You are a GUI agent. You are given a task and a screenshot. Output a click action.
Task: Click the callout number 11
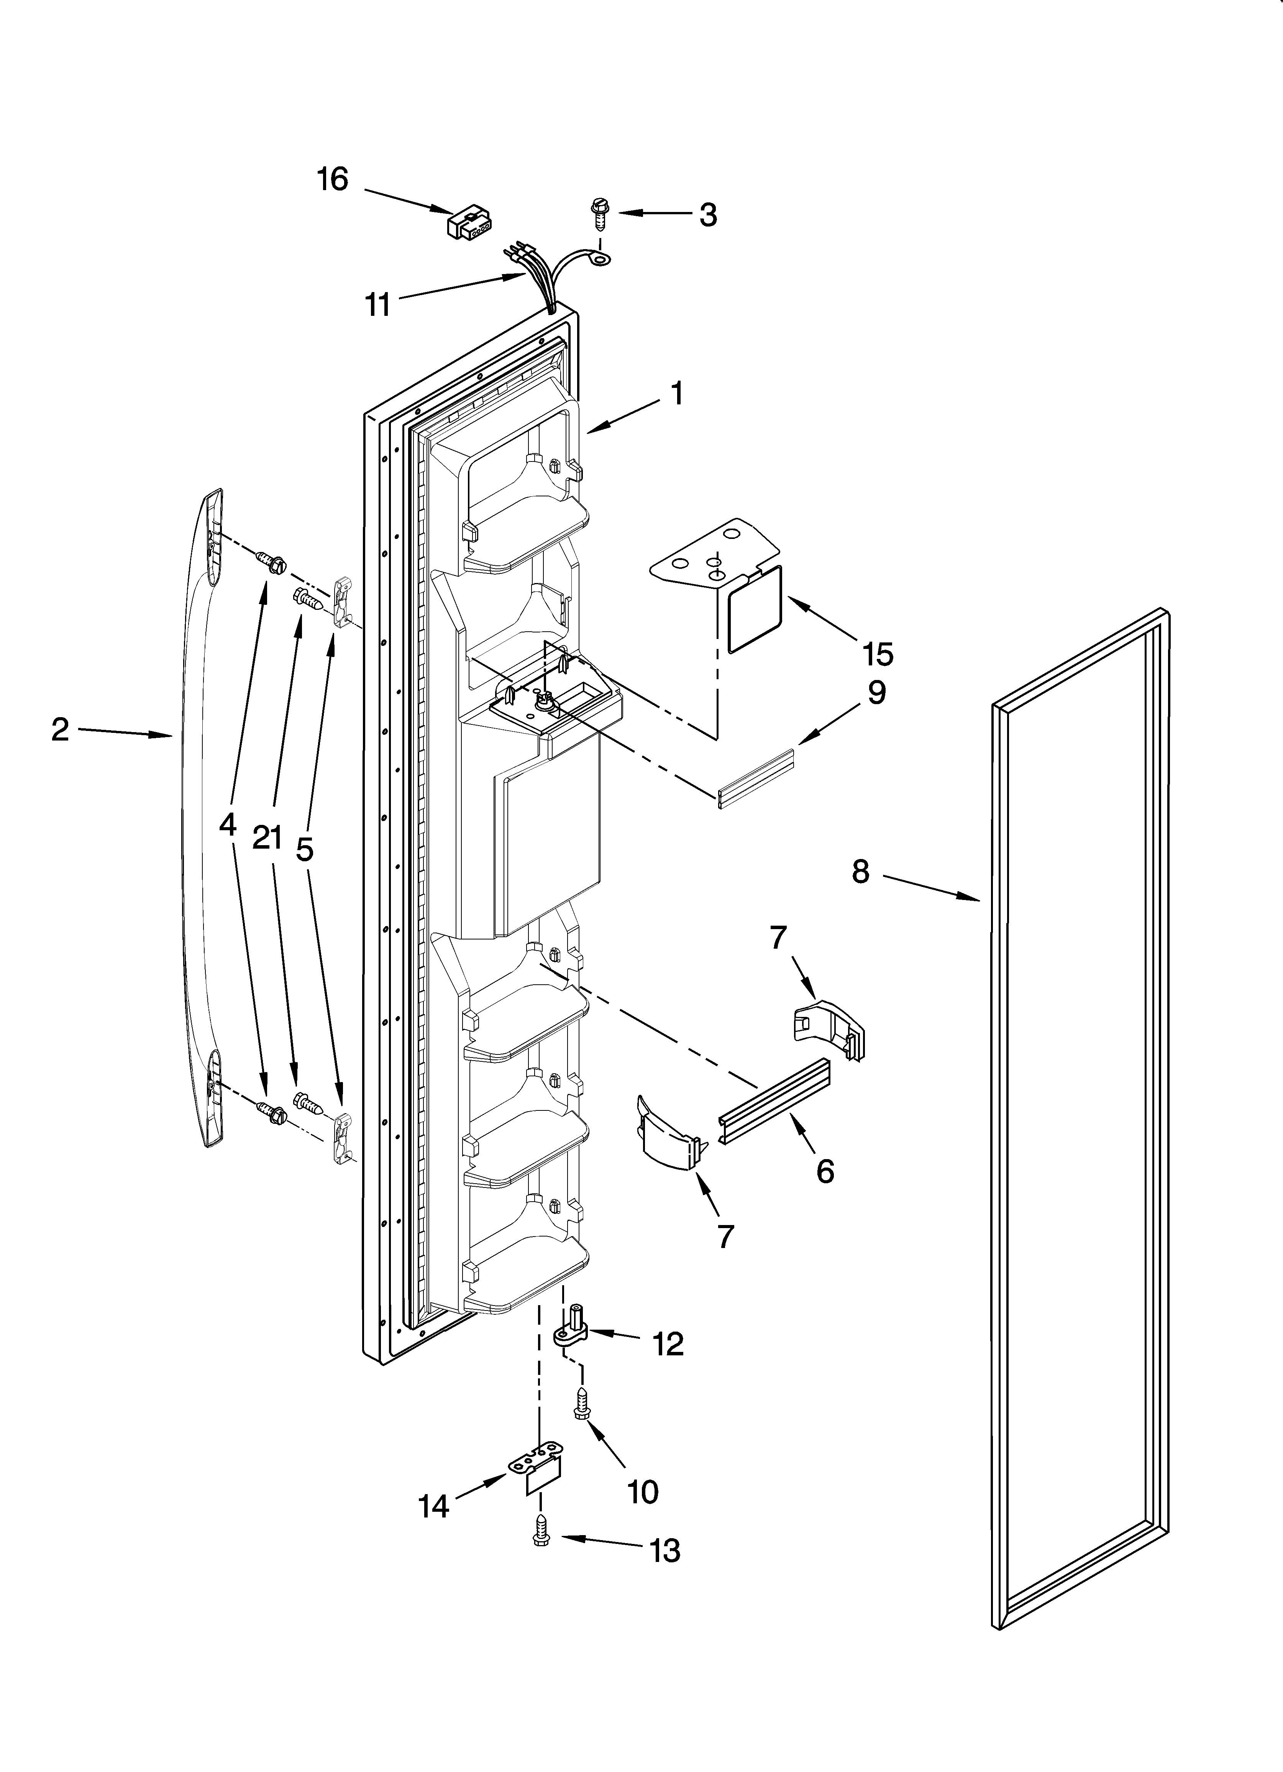(x=378, y=305)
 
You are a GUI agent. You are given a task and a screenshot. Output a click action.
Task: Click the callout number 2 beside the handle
(x=60, y=730)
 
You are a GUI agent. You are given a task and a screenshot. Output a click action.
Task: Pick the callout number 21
(x=267, y=838)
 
